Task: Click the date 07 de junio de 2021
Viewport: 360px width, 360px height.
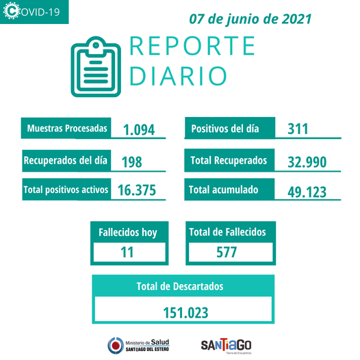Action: click(x=250, y=19)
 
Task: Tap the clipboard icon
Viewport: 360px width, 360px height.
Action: click(x=96, y=66)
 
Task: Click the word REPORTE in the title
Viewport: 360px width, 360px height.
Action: click(x=192, y=46)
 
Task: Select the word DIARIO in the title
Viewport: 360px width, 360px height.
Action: click(x=178, y=76)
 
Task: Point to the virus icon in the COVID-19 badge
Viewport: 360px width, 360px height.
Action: click(x=12, y=10)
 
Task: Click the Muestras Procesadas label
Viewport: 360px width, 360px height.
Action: click(x=67, y=128)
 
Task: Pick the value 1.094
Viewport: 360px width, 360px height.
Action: click(x=139, y=130)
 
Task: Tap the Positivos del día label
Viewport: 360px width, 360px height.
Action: click(x=225, y=129)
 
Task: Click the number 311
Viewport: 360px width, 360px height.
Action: click(x=298, y=129)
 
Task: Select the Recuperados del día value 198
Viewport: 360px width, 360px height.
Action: click(x=132, y=162)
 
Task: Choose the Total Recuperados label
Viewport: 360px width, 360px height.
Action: click(x=229, y=160)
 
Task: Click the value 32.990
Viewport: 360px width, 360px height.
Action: click(x=307, y=162)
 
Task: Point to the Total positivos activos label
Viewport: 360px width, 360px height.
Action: click(x=66, y=190)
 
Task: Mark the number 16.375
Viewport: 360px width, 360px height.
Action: click(x=137, y=190)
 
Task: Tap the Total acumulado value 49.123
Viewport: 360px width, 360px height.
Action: click(x=307, y=192)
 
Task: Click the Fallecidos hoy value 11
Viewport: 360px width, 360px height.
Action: click(x=127, y=252)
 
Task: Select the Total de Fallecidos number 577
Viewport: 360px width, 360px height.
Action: click(x=227, y=252)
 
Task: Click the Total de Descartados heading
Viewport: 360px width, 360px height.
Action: click(x=180, y=286)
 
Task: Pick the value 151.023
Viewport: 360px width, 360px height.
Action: click(x=185, y=313)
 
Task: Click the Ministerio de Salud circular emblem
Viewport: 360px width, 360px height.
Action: click(x=116, y=346)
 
